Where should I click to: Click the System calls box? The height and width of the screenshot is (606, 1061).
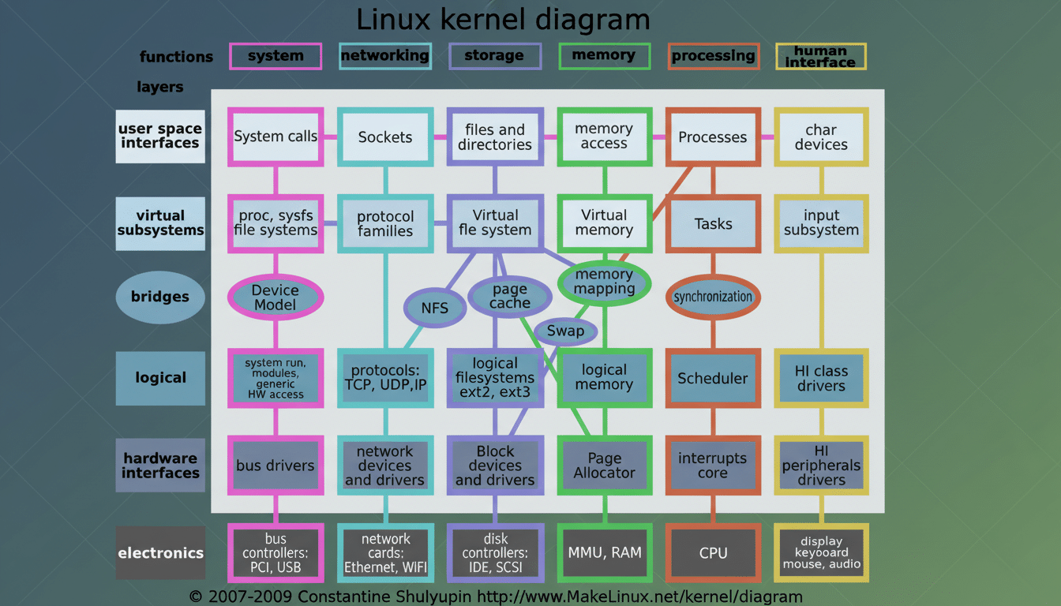pos(276,137)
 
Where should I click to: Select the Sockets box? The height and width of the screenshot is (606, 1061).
pos(385,137)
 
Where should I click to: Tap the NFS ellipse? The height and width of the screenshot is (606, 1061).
pos(434,308)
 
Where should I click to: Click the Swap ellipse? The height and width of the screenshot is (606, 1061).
pos(565,331)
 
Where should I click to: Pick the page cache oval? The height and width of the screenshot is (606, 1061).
pos(510,297)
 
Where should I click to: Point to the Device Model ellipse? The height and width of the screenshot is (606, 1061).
pos(276,297)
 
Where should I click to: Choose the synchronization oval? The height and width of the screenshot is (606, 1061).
pos(713,297)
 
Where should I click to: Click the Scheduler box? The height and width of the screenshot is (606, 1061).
pos(713,378)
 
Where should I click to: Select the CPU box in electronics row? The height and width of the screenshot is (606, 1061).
pos(713,553)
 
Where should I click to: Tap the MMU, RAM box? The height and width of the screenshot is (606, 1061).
pos(605,553)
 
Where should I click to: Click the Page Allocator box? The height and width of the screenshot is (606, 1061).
pos(605,466)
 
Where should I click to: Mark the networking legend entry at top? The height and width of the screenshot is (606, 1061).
pos(385,56)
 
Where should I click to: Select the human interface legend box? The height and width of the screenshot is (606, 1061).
pos(821,56)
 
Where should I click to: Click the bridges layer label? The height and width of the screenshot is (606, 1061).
pos(160,297)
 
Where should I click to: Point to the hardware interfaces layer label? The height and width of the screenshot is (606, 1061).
pos(160,466)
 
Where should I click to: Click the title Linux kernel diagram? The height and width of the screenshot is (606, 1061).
pos(503,19)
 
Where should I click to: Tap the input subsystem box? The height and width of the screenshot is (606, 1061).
pos(821,223)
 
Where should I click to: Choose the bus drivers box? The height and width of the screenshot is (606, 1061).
pos(276,466)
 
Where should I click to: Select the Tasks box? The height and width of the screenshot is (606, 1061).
pos(713,224)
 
